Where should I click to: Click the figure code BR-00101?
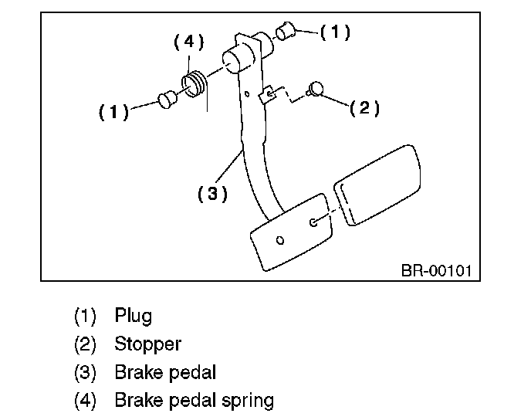pos(436,271)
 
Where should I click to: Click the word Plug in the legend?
pos(133,316)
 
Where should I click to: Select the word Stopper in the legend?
pos(148,344)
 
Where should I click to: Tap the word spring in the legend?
pos(248,401)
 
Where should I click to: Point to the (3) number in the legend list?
pos(86,372)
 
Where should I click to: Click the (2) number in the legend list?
pos(86,344)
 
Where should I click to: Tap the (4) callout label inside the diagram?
pos(189,42)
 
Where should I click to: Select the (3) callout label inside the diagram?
pos(212,194)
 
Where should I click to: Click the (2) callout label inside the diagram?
pos(364,108)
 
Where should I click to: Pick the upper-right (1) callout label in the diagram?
pos(335,32)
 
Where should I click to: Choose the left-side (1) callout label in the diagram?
pos(113,112)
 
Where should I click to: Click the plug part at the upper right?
pos(286,31)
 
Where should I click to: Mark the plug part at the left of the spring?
pos(167,100)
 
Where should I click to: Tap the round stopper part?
pos(315,89)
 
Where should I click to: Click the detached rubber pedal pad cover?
pos(377,185)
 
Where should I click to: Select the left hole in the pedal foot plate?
pos(280,240)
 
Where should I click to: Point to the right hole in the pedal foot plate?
pos(313,222)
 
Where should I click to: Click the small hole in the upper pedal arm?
pos(247,94)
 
